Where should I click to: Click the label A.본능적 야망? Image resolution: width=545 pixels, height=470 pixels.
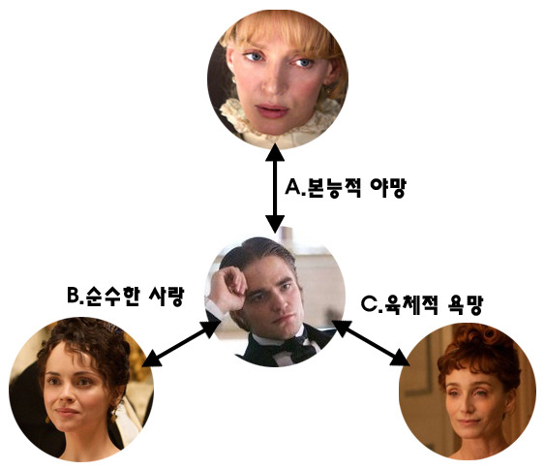[346, 188]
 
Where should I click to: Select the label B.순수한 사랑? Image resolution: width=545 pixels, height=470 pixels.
[125, 297]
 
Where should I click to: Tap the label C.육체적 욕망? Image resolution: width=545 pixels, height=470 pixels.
[422, 304]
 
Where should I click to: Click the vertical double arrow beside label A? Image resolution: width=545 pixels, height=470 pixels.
[275, 188]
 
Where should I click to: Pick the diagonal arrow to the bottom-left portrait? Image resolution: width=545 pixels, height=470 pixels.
[181, 343]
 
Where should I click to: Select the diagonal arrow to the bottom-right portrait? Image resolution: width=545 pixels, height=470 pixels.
[370, 343]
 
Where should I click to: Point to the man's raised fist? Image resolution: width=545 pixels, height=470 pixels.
[228, 286]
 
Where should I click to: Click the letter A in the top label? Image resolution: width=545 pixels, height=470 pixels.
[292, 187]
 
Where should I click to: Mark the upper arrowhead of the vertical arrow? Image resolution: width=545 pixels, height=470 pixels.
[275, 152]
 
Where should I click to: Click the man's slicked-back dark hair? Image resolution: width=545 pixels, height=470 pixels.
[258, 252]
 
